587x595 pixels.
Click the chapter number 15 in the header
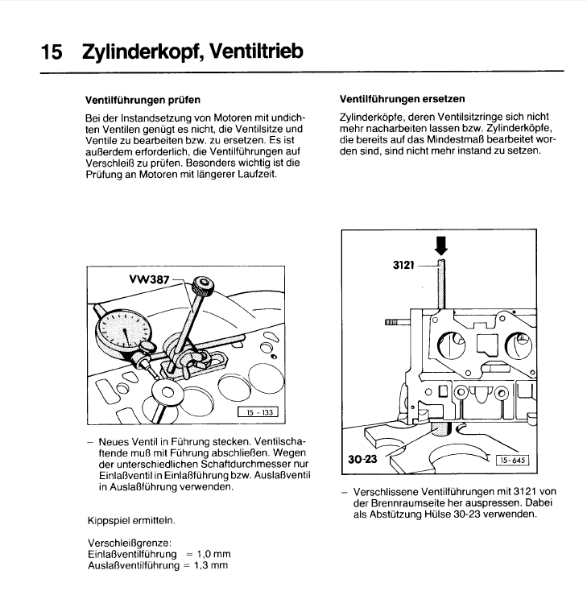pyautogui.click(x=51, y=52)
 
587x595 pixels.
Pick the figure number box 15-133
pyautogui.click(x=257, y=415)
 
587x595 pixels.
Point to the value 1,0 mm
pyautogui.click(x=213, y=554)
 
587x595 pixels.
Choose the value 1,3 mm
pyautogui.click(x=213, y=565)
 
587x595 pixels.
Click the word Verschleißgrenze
pyautogui.click(x=125, y=543)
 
